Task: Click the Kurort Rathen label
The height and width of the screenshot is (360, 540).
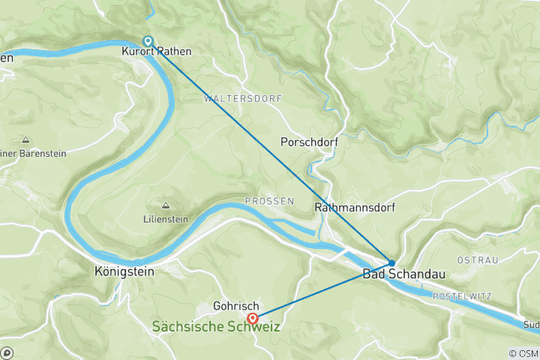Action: (x=157, y=52)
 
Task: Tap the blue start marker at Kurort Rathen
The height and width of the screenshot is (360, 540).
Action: (x=148, y=40)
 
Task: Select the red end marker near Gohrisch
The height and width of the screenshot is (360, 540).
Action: (x=253, y=318)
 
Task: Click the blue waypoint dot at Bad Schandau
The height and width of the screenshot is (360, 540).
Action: (x=391, y=262)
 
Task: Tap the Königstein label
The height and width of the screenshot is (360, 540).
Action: (x=124, y=271)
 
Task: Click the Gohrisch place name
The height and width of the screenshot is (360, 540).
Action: (x=235, y=307)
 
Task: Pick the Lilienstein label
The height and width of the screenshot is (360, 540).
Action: (x=164, y=221)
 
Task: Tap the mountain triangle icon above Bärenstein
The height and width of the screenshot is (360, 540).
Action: (x=25, y=139)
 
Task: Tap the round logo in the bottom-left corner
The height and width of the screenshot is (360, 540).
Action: (x=7, y=352)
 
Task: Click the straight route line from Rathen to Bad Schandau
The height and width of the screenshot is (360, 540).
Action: (x=270, y=151)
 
